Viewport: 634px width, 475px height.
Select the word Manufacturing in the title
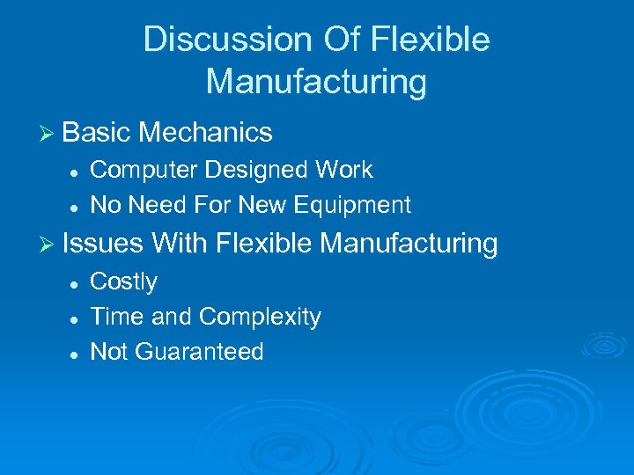(x=316, y=82)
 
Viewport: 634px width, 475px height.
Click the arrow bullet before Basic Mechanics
(x=49, y=134)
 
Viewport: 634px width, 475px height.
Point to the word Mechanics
(x=205, y=133)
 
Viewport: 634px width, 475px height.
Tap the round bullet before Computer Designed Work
(x=76, y=171)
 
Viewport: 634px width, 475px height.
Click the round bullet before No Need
(x=76, y=206)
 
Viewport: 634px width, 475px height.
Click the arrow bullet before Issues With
(x=49, y=244)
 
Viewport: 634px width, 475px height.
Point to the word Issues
(x=104, y=243)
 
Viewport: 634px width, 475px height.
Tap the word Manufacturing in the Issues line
(x=409, y=243)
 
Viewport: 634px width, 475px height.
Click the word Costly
(x=124, y=282)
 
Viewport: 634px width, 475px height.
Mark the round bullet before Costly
(x=76, y=283)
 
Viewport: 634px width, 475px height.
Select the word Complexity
(x=260, y=317)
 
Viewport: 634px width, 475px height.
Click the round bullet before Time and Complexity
(x=76, y=318)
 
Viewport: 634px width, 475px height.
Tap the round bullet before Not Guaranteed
(x=76, y=353)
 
